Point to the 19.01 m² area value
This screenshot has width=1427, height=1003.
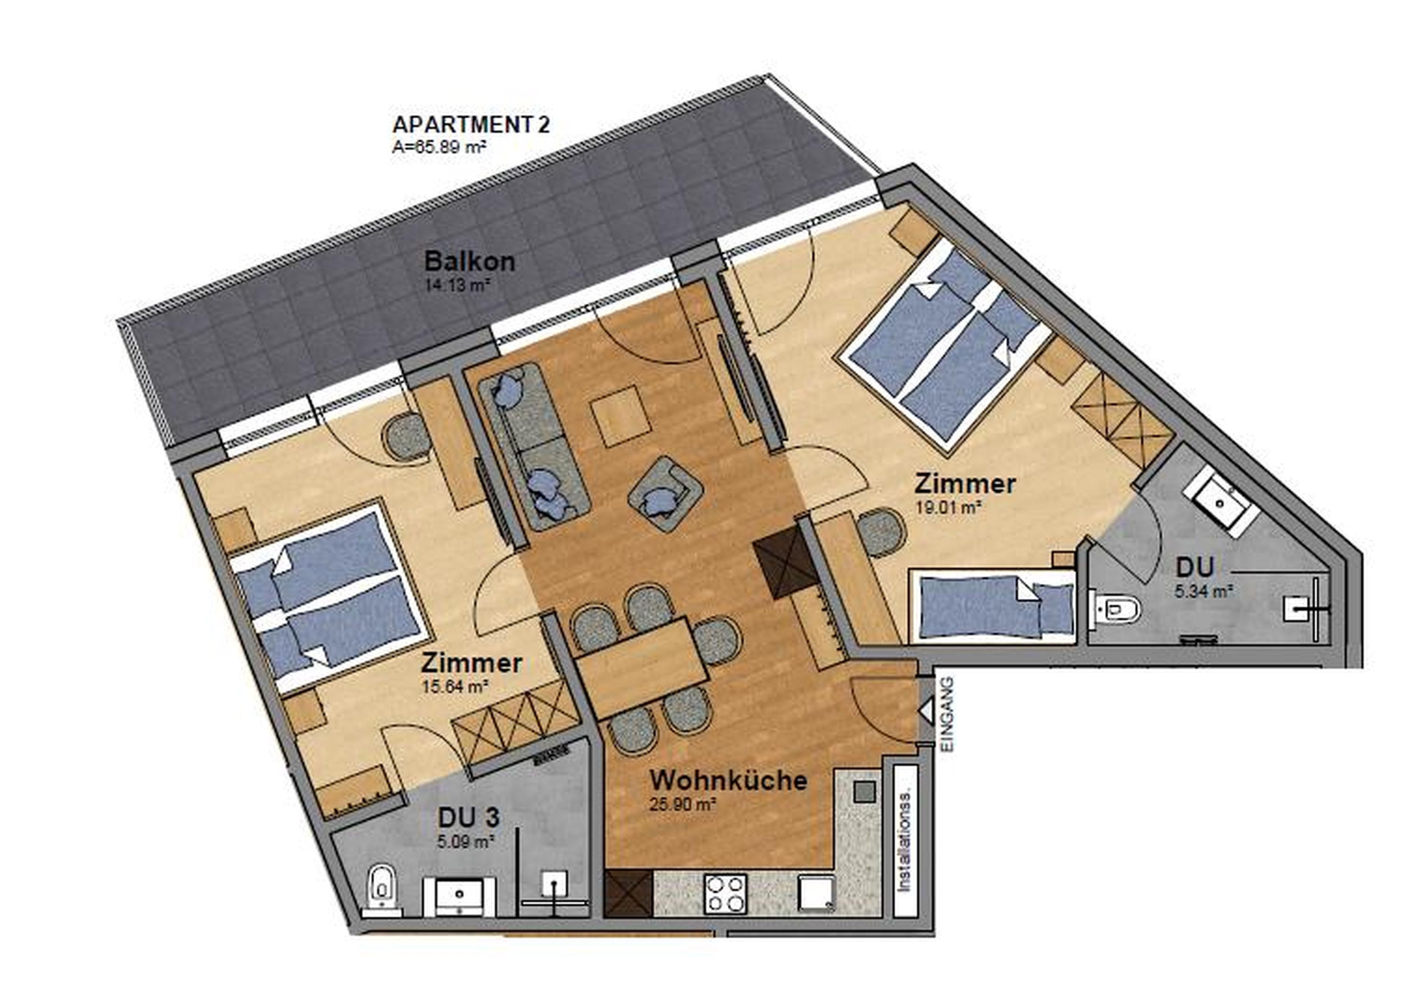(x=948, y=507)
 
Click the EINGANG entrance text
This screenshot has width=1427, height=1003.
(x=948, y=715)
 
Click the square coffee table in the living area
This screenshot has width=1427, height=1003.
(x=621, y=416)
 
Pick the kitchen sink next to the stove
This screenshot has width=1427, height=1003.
(x=816, y=893)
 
